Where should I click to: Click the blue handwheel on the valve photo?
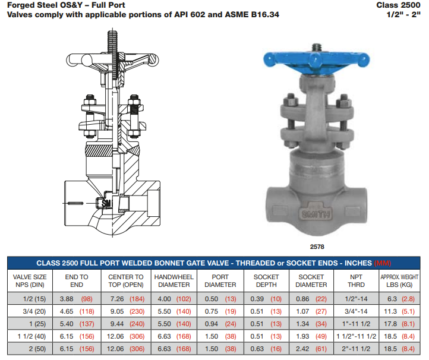[316, 62]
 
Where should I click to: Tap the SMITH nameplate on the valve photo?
[316, 214]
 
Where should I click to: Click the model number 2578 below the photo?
[317, 247]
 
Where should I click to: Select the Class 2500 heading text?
[398, 5]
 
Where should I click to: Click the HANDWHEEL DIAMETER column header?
[174, 281]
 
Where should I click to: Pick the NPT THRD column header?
[356, 281]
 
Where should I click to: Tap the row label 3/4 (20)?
[34, 311]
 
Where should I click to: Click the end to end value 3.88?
[67, 299]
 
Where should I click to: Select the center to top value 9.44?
[117, 324]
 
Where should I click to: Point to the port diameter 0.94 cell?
[212, 324]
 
